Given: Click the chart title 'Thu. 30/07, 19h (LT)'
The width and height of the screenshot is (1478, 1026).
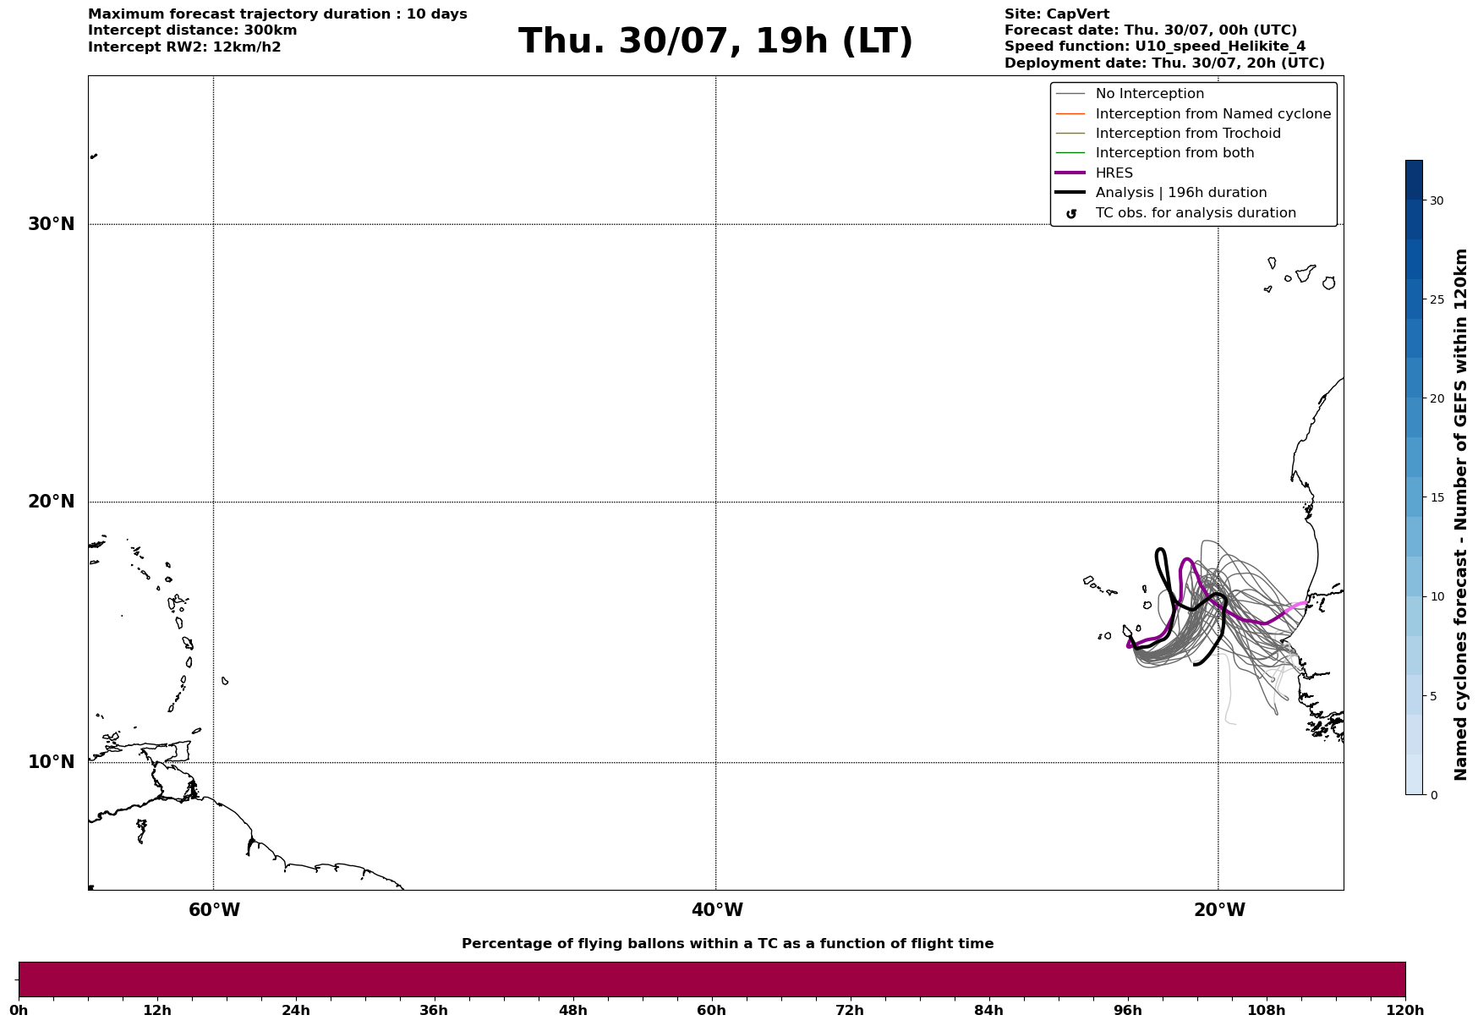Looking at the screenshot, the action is tap(715, 41).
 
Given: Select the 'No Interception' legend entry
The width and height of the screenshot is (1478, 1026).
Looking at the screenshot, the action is tap(1150, 94).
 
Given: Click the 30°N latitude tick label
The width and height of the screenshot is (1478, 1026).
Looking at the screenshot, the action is tap(52, 224).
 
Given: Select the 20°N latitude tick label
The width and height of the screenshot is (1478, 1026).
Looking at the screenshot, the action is tap(52, 502).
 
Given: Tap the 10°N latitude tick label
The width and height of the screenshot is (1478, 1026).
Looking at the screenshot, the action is tap(52, 762).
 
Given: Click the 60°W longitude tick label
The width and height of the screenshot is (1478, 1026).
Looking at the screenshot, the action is tap(214, 910).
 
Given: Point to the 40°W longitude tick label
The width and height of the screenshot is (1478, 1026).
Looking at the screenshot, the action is tap(717, 910).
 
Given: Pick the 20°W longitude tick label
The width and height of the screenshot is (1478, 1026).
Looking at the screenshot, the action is tap(1219, 910).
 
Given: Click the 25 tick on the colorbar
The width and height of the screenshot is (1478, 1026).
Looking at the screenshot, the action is tap(1437, 299).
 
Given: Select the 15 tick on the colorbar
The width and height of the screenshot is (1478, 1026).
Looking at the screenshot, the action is tap(1437, 497).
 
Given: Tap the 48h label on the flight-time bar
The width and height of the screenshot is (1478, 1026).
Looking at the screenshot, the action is tap(572, 1011).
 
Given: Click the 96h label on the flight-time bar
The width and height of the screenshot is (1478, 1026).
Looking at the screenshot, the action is tap(1127, 1011).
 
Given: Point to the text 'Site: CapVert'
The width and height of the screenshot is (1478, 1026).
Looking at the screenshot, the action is tap(1057, 14).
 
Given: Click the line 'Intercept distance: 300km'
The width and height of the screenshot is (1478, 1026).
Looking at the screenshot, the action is tap(193, 30).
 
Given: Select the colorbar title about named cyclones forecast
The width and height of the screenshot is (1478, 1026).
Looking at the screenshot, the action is tap(1460, 514).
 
